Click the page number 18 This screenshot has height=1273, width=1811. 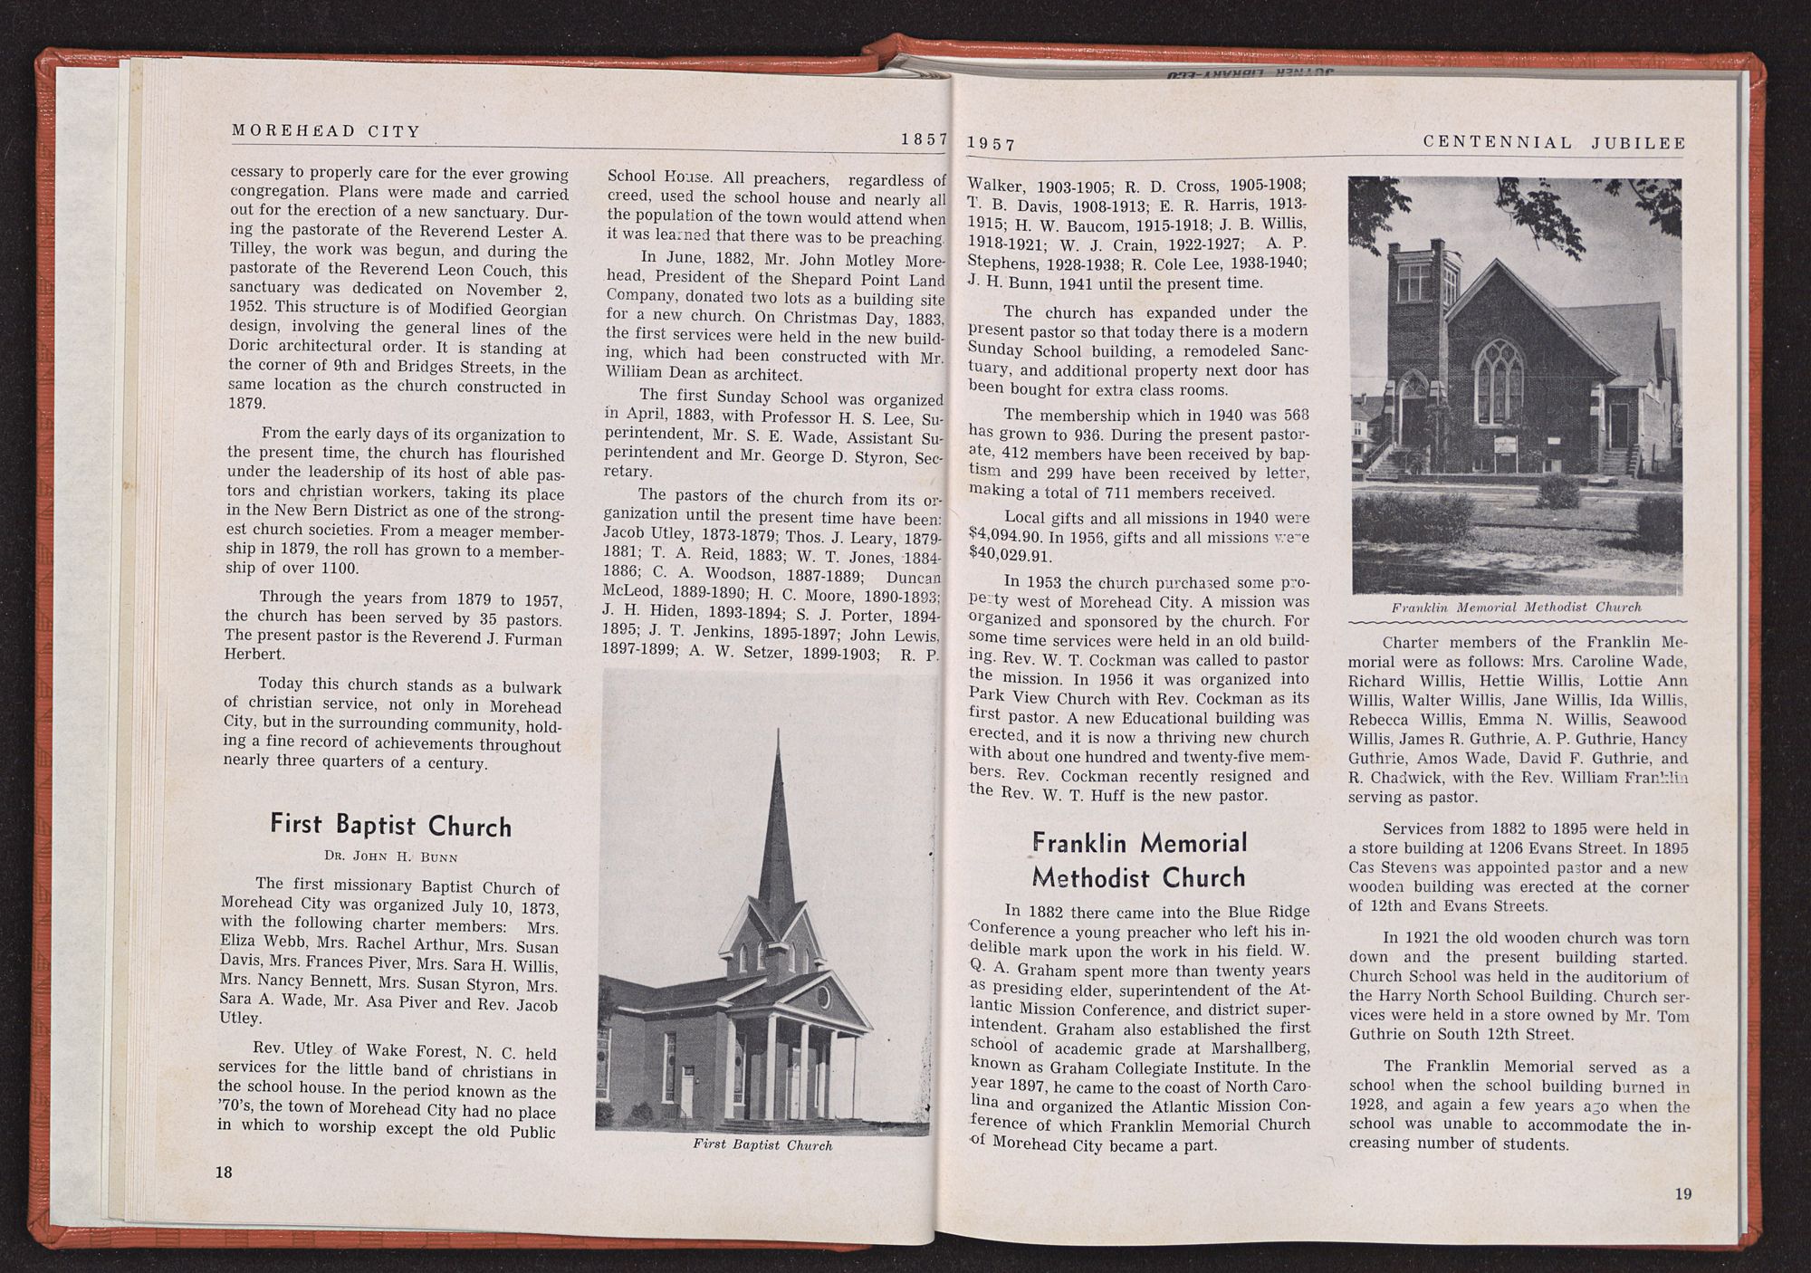point(224,1172)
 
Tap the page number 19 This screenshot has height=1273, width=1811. point(1682,1193)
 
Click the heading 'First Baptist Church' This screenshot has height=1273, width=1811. point(390,825)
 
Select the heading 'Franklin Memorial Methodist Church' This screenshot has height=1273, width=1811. point(1139,860)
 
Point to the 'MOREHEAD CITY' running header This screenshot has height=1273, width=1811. point(326,130)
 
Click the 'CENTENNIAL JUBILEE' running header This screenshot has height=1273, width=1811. point(1554,142)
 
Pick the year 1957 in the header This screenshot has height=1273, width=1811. point(992,144)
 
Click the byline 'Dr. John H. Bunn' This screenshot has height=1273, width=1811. point(390,855)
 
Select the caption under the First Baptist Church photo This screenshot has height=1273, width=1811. point(762,1144)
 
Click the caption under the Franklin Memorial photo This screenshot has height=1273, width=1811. point(1516,607)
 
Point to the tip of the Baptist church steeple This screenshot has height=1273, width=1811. point(778,730)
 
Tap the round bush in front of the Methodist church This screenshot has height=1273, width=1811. point(1558,492)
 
